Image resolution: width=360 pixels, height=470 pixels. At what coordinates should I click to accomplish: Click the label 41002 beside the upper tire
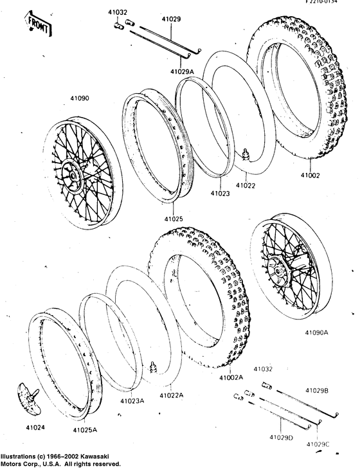309,175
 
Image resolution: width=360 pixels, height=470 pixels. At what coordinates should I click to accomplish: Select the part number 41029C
318,444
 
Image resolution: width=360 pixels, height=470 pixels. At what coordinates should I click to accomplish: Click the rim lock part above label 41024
29,397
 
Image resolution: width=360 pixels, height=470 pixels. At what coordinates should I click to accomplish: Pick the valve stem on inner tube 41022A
154,368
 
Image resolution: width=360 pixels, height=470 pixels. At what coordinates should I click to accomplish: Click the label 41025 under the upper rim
172,219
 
